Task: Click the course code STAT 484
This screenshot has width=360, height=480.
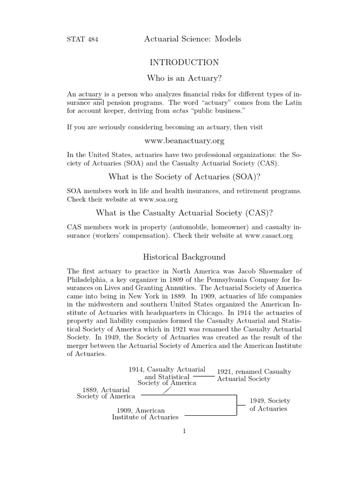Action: click(82, 39)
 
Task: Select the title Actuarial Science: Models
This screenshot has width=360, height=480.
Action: click(193, 39)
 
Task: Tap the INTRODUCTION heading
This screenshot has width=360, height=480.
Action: click(184, 62)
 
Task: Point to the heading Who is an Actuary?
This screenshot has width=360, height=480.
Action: click(184, 77)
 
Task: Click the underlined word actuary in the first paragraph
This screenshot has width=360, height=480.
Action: click(90, 94)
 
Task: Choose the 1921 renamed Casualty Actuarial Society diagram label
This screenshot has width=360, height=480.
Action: click(254, 375)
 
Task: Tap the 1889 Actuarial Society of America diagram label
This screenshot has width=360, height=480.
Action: click(106, 393)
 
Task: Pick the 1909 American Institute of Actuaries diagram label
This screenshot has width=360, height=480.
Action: click(145, 413)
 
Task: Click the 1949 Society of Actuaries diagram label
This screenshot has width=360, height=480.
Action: click(270, 405)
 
